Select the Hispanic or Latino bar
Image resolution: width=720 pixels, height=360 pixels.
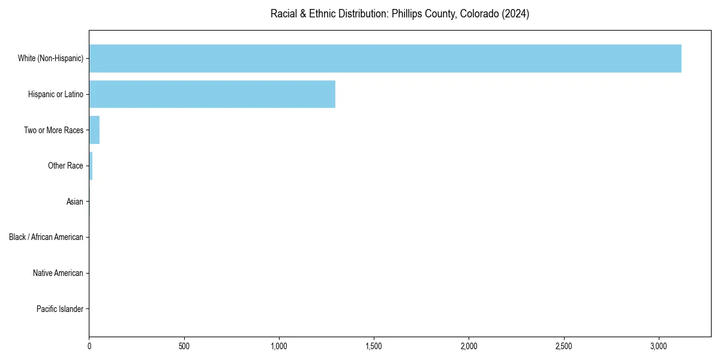pos(212,94)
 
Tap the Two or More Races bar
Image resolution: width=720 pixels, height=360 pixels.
pos(94,130)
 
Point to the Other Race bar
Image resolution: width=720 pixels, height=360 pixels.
pos(91,166)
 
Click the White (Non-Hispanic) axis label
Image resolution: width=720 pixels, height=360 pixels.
pos(50,58)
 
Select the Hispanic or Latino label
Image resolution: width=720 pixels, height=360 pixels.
pos(56,94)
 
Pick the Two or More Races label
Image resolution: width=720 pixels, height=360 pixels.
pos(53,130)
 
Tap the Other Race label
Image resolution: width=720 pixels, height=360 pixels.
pos(65,166)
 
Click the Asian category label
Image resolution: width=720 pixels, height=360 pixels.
pos(75,202)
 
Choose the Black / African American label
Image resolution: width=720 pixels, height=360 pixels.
pos(46,238)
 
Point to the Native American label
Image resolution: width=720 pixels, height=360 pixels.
pos(58,274)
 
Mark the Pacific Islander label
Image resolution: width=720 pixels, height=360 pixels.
pos(60,310)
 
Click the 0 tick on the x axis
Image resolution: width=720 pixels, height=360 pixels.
pos(89,346)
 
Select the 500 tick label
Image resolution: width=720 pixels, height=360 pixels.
pos(184,346)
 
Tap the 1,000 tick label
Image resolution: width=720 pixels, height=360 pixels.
pos(279,346)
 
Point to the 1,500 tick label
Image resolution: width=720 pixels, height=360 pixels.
pos(374,346)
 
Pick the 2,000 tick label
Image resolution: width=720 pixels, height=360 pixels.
pos(469,346)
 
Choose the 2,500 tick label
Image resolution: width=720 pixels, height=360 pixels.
pos(564,346)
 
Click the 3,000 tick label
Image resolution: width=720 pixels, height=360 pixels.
pos(659,346)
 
